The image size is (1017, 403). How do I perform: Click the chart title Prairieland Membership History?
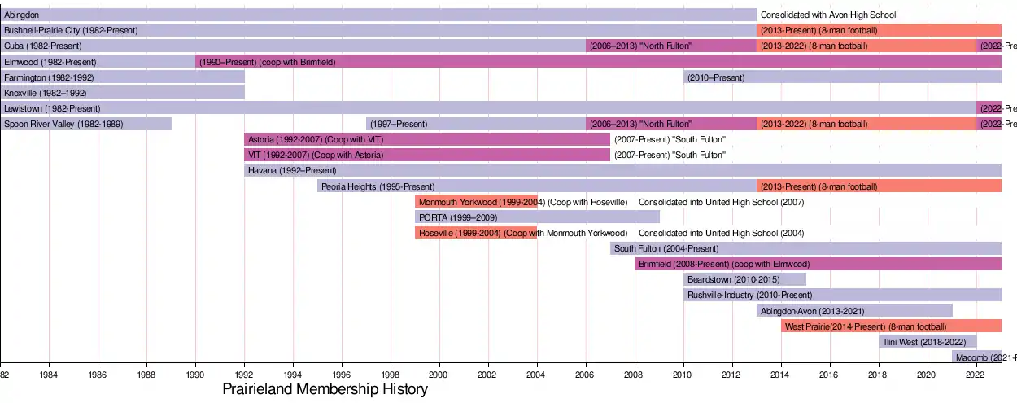(325, 389)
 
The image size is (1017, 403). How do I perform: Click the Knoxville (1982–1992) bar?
(122, 93)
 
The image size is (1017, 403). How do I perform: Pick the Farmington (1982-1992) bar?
(122, 77)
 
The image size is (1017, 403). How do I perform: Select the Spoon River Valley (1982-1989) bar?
(85, 124)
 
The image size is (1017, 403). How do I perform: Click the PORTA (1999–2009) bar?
(537, 217)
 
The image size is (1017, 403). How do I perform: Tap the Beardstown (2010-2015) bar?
(744, 279)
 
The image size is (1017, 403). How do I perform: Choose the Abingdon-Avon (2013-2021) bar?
(854, 310)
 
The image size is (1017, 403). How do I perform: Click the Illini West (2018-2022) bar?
(928, 341)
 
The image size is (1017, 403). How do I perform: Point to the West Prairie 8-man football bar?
(891, 326)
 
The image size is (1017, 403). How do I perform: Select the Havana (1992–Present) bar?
(622, 170)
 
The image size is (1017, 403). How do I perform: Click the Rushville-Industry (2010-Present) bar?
(842, 295)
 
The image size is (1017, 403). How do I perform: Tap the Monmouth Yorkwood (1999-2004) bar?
(476, 201)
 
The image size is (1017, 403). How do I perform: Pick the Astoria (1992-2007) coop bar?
(427, 139)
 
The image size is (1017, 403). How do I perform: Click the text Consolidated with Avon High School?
(827, 15)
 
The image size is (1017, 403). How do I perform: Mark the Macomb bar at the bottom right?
(976, 357)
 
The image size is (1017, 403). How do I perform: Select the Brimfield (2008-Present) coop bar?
(818, 264)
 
